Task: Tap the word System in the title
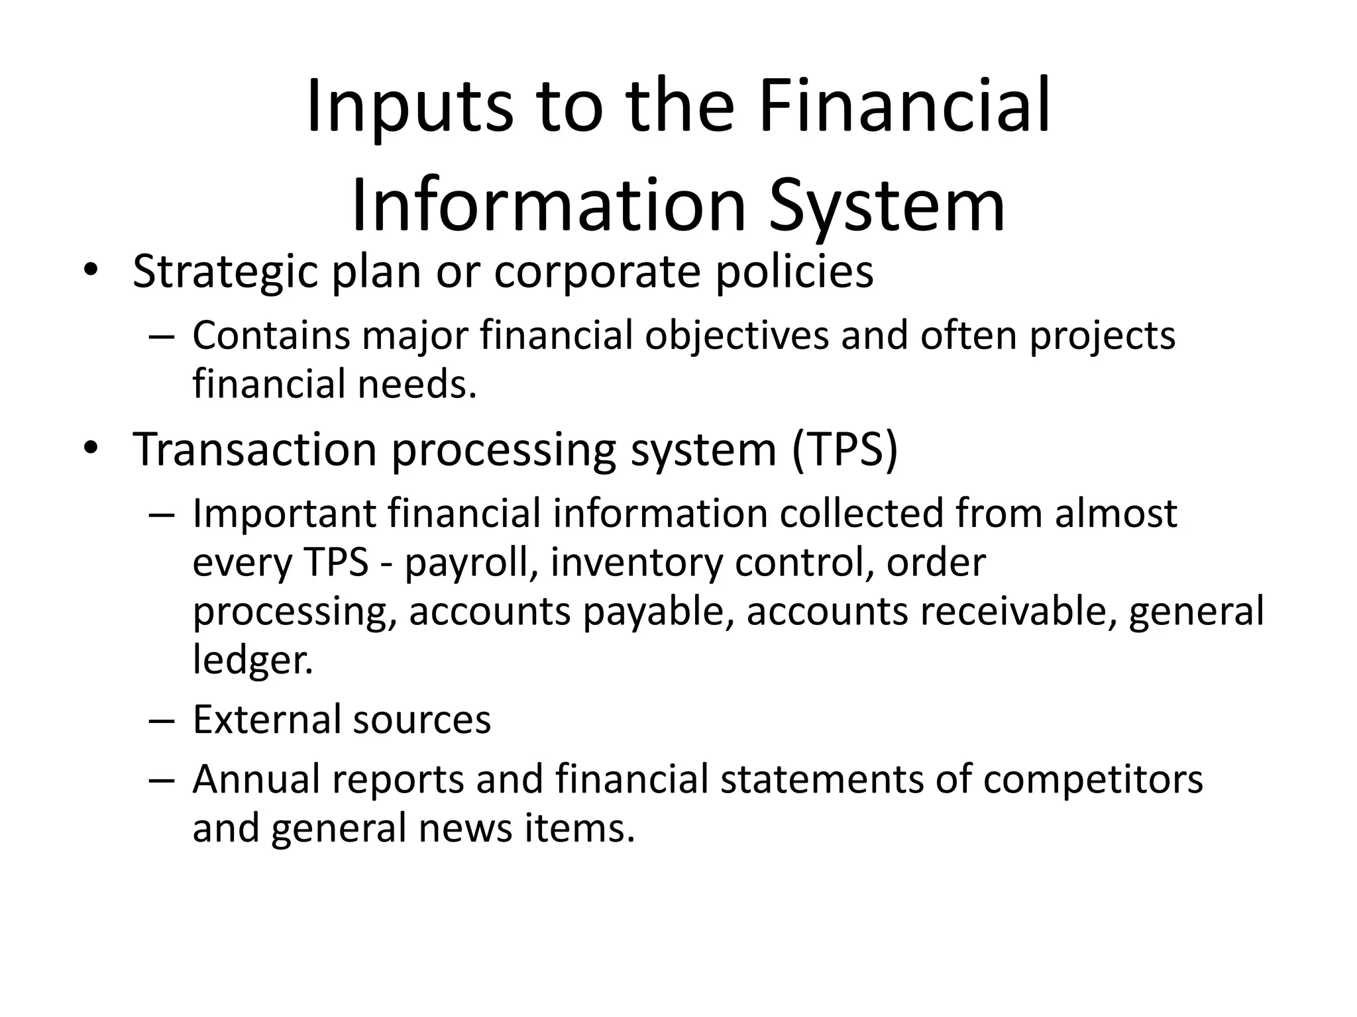pos(887,207)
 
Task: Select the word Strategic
pos(225,272)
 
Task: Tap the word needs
pos(417,385)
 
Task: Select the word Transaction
pos(255,450)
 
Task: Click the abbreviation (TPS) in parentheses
pos(844,450)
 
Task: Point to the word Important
pos(284,514)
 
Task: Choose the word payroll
pos(471,563)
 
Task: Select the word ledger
pos(252,660)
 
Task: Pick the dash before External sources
pos(161,720)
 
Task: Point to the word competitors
pos(1093,779)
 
